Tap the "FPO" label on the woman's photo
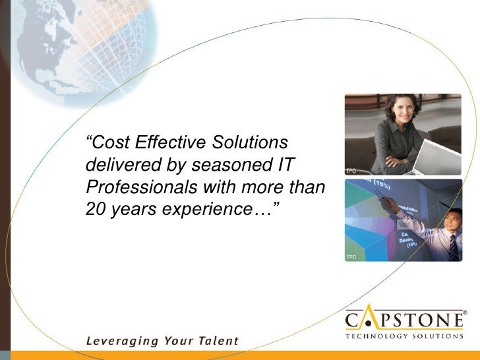351,171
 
